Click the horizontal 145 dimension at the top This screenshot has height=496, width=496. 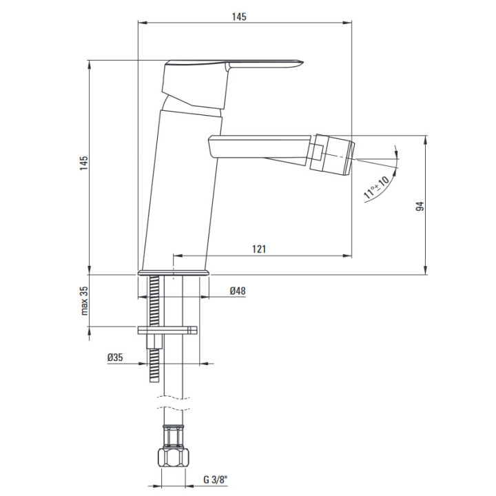coord(239,17)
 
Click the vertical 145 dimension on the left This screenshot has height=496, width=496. coord(84,163)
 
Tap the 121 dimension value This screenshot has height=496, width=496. coord(259,249)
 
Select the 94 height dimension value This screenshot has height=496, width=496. coord(420,207)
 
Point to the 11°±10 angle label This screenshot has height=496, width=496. coord(376,187)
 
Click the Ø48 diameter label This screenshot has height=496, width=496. coord(238,291)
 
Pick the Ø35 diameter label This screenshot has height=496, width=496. coord(115,358)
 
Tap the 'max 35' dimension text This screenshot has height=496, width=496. coord(84,301)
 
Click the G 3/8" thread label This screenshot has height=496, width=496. coord(216,480)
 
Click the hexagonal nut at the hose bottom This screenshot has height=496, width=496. coord(173,457)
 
